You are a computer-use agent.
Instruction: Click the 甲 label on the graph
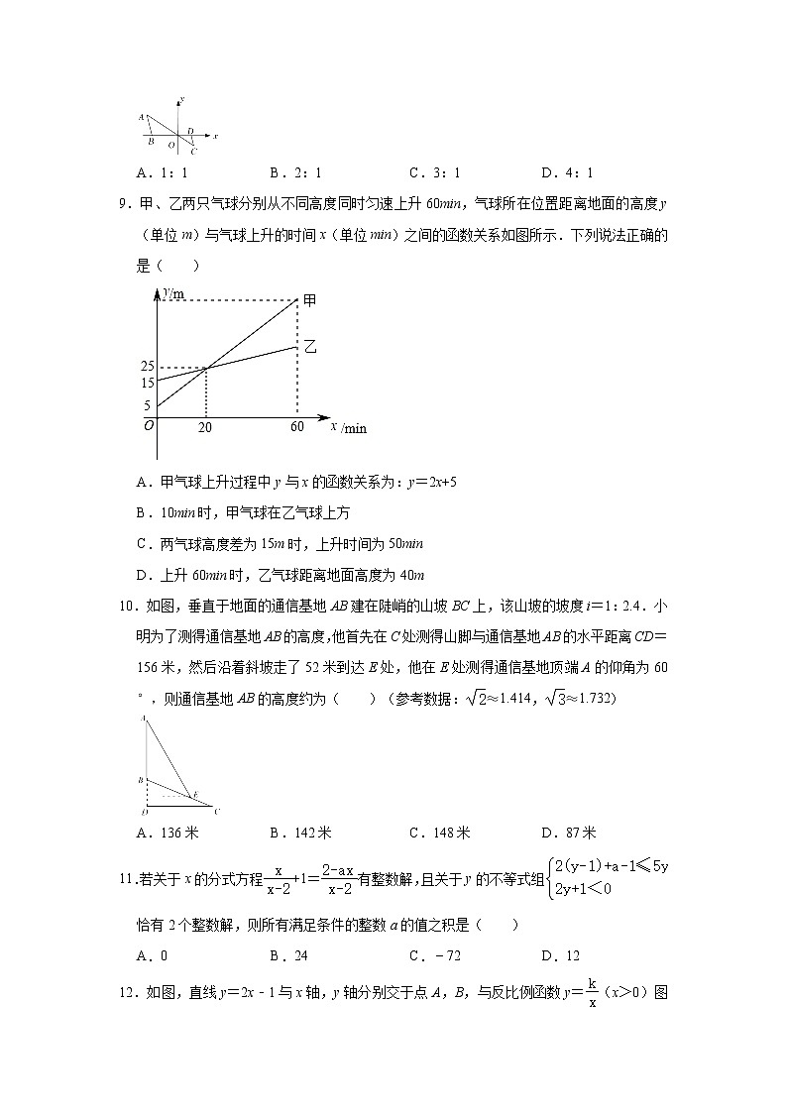point(309,300)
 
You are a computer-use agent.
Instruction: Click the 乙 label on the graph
point(309,347)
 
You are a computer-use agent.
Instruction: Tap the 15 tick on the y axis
point(148,383)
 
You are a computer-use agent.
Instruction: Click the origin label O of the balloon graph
point(149,425)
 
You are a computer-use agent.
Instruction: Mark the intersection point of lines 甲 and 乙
point(205,369)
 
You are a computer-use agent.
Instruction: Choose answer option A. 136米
point(167,833)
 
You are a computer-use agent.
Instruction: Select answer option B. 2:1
point(295,171)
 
